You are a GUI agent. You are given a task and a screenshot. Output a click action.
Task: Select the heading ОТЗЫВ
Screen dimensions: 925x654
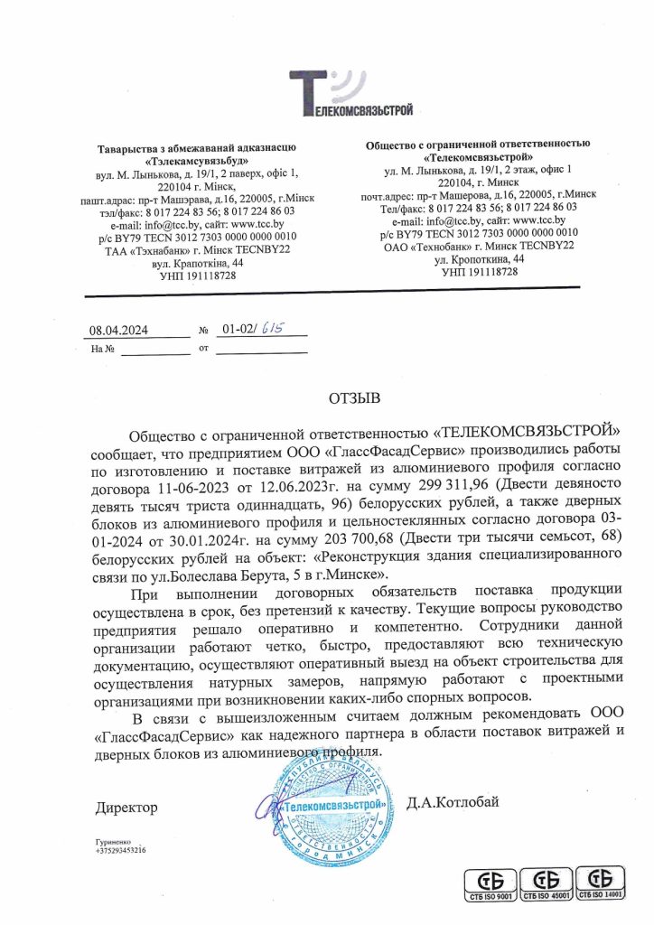(355, 397)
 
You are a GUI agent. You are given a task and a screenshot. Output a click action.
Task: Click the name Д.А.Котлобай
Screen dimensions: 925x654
(465, 801)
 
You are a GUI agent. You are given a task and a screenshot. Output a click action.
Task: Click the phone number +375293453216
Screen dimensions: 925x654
(119, 850)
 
